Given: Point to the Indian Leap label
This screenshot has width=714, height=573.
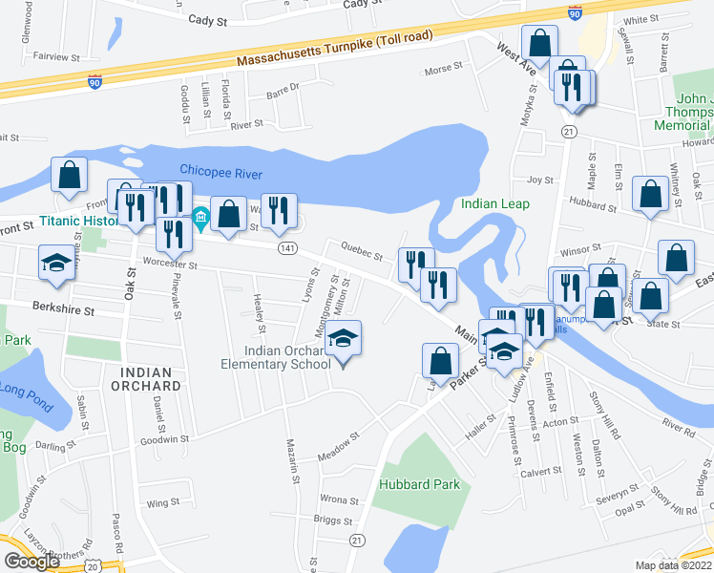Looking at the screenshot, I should pos(494,203).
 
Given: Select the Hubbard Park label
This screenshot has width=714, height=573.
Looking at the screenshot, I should pos(419,484).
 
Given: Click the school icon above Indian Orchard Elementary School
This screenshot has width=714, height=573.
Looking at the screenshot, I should pos(344,339).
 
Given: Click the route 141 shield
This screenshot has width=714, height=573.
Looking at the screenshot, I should pos(286,247).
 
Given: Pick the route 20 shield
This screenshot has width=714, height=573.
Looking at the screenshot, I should pos(93,565).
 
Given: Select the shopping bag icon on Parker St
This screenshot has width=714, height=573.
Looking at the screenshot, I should pos(440,362).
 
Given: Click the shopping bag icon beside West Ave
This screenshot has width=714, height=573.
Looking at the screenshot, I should pos(539,44).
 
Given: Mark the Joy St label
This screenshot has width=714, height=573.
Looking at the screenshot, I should pos(540,179).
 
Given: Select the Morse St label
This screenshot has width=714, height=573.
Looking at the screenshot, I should pos(443,70).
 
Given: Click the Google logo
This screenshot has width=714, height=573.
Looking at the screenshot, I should pos(31,562).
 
